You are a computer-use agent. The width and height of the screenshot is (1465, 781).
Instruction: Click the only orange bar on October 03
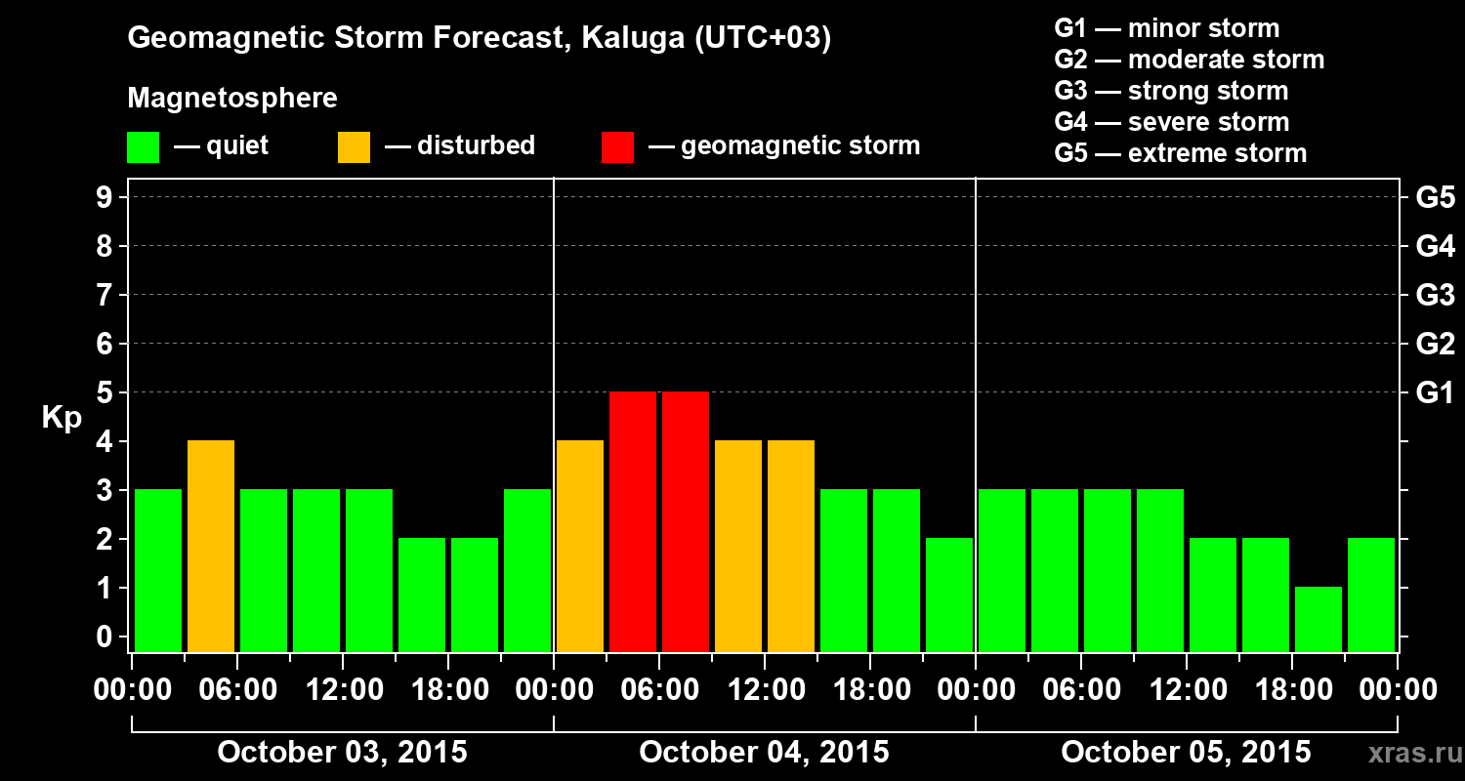(x=211, y=547)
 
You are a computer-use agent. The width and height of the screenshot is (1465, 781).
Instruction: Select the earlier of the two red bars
(x=633, y=522)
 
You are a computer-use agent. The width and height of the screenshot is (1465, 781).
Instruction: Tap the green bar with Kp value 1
(x=1318, y=619)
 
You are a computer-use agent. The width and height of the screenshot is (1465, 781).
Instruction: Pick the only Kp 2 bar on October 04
(x=949, y=595)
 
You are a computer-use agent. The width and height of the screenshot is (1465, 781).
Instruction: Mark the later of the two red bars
(x=686, y=522)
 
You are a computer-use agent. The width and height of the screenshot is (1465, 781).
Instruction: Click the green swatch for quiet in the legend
(x=143, y=147)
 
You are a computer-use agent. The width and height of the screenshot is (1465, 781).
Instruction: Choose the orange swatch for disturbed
(x=354, y=147)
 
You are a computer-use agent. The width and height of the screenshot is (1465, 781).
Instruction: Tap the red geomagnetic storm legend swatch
(x=617, y=147)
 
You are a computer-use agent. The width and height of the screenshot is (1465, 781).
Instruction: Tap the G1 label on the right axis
(x=1435, y=392)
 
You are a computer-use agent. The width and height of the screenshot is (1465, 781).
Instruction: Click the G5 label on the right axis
(x=1435, y=197)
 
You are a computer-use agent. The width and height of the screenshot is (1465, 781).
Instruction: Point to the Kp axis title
(x=62, y=418)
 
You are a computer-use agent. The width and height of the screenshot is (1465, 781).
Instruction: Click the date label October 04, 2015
(x=764, y=752)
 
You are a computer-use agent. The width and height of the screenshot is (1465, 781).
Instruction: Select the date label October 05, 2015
(x=1186, y=752)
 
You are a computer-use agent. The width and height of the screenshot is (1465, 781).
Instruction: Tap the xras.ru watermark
(x=1407, y=753)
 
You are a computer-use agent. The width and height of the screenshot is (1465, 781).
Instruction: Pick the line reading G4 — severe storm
(x=1172, y=122)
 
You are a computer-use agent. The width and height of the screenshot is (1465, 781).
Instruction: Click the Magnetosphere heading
(x=232, y=99)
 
